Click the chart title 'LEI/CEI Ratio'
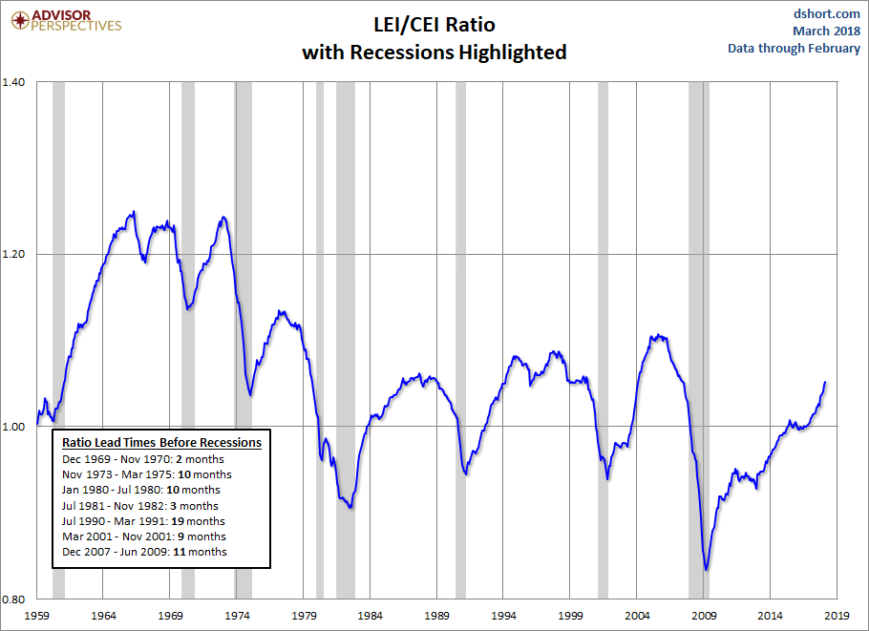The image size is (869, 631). tap(434, 24)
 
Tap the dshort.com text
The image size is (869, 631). tap(826, 13)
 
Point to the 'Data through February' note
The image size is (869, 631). tap(794, 48)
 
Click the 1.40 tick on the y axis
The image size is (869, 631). tap(17, 82)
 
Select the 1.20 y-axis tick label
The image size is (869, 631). tap(17, 255)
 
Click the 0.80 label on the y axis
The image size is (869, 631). tap(17, 599)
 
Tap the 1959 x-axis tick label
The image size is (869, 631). tap(37, 616)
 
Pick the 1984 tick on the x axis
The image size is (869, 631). tap(371, 616)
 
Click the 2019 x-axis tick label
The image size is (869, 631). tap(837, 616)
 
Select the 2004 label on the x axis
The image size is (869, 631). tap(638, 616)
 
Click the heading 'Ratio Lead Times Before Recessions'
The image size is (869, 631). tap(161, 443)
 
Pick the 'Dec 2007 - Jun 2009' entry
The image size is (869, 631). tap(145, 552)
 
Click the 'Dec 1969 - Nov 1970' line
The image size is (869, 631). tap(143, 459)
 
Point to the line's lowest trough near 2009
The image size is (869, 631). tap(707, 570)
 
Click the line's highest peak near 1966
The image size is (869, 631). tap(133, 212)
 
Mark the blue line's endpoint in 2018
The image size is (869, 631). tap(825, 382)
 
